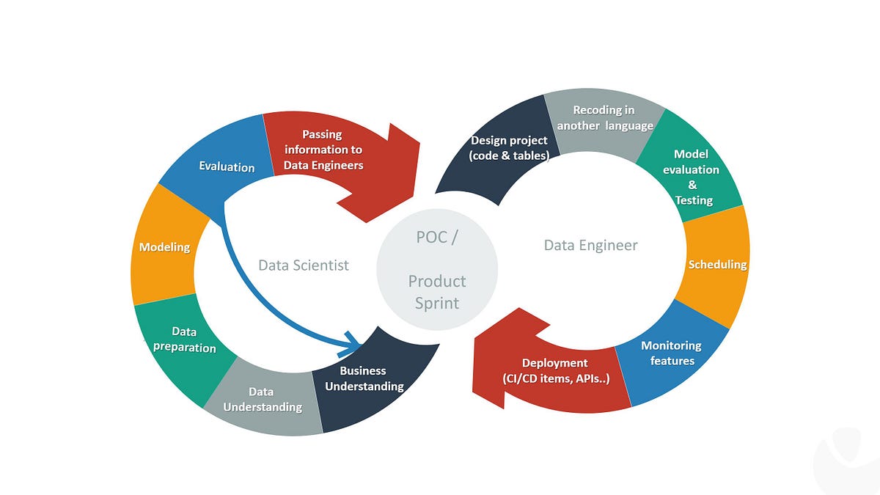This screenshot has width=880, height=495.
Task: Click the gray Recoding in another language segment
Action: [x=603, y=117]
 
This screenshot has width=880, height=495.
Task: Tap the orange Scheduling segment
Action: [x=715, y=264]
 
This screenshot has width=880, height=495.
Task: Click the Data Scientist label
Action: [x=304, y=265]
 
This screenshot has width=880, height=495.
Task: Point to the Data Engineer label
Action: [x=590, y=245]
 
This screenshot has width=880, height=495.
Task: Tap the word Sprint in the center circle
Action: [x=437, y=302]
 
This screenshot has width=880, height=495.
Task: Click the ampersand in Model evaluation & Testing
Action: [x=692, y=185]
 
